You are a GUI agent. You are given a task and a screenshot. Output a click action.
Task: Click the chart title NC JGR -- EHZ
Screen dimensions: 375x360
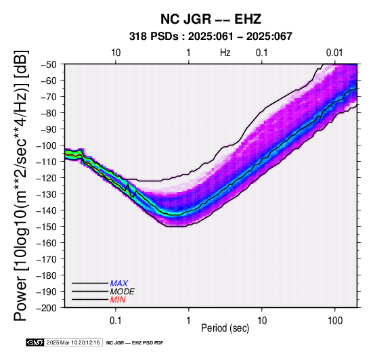(211, 19)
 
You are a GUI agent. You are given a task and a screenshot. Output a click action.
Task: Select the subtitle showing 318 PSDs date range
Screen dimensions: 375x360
(211, 37)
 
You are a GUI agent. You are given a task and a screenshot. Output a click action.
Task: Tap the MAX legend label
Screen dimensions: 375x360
(119, 284)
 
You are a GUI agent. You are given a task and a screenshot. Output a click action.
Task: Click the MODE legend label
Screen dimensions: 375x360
(123, 292)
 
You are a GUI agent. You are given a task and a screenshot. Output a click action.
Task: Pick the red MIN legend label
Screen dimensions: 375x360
(118, 300)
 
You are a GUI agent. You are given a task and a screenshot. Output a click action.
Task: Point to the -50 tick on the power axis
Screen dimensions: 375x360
(49, 64)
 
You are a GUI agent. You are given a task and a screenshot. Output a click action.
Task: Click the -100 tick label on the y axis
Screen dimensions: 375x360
(47, 145)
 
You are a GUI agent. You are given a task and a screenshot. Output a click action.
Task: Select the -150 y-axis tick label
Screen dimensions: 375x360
(47, 227)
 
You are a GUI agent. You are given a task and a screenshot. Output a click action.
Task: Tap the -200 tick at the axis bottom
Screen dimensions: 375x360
(47, 308)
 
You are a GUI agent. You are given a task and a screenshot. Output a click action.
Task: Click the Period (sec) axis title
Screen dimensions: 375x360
(225, 328)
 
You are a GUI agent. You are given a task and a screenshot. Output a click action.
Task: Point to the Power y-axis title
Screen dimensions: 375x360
(20, 185)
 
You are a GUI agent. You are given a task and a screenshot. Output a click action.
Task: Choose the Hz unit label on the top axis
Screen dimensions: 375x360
(225, 53)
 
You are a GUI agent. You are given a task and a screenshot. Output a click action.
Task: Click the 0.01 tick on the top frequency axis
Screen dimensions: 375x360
(334, 53)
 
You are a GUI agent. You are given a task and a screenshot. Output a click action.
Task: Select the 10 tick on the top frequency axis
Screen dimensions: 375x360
(116, 53)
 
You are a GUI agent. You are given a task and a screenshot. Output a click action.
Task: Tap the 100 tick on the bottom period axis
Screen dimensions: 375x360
(335, 321)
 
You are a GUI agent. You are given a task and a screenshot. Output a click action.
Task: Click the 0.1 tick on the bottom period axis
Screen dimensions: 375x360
(116, 321)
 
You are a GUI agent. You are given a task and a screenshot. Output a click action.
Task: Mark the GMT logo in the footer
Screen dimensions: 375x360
(35, 342)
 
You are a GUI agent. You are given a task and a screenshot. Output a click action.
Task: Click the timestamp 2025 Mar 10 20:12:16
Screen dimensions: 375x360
(73, 342)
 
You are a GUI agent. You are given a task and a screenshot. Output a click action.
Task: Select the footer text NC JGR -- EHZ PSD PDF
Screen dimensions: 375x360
(135, 343)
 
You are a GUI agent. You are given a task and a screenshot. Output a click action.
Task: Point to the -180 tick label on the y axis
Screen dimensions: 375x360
(47, 275)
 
